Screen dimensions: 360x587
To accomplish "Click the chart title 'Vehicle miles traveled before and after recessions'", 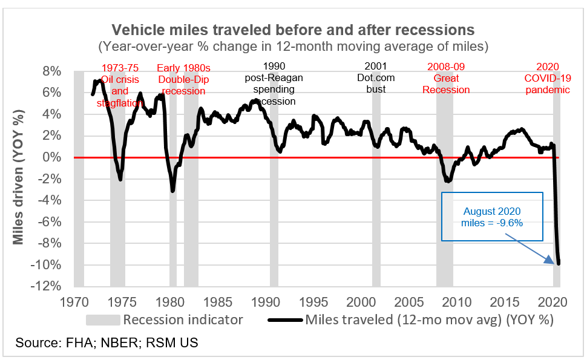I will point(293,30).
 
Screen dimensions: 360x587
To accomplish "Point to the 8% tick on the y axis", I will point(51,71).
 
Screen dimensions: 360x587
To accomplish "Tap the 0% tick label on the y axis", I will point(51,157).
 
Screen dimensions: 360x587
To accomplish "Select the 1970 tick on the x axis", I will point(74,301).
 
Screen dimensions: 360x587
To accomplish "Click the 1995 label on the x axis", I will point(313,301).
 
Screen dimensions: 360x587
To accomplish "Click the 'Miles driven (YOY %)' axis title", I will point(20,179).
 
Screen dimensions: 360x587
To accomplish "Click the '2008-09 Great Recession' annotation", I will point(446,78).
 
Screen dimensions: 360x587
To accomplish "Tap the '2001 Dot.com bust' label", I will point(376,78).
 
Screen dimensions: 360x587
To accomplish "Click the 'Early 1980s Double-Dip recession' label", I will point(184,79).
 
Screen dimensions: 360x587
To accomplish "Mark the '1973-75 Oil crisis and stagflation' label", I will point(120,84).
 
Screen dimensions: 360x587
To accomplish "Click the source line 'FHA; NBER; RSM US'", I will point(107,343).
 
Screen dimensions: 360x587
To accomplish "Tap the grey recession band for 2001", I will point(376,182).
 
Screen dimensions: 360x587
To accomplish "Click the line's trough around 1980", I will point(173,191).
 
